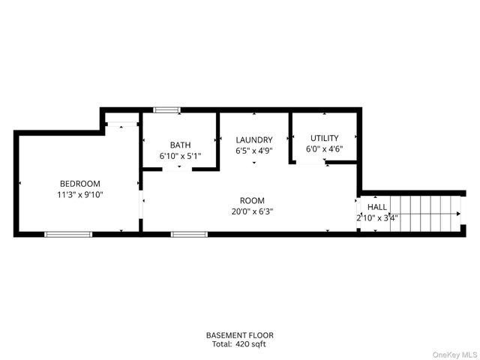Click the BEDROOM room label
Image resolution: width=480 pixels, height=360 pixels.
[x=79, y=184]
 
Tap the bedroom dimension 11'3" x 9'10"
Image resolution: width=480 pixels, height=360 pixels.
[x=79, y=194]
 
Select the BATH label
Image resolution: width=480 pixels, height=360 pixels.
[x=180, y=145]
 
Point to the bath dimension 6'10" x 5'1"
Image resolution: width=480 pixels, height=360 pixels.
[x=180, y=156]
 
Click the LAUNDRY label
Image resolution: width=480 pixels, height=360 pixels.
[x=253, y=139]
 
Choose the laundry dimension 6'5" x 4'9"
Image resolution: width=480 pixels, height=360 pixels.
[x=253, y=150]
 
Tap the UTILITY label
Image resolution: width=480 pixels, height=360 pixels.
[x=324, y=138]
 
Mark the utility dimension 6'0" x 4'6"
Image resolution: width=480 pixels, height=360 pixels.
[x=324, y=148]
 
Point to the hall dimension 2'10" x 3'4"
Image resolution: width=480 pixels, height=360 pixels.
[x=377, y=218]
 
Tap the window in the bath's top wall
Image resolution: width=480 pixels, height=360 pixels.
[x=166, y=110]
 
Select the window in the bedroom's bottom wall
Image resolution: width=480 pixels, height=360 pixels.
[x=68, y=234]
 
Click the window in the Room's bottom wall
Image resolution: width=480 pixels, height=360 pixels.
[x=189, y=234]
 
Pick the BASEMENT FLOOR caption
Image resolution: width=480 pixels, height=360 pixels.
[x=240, y=334]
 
